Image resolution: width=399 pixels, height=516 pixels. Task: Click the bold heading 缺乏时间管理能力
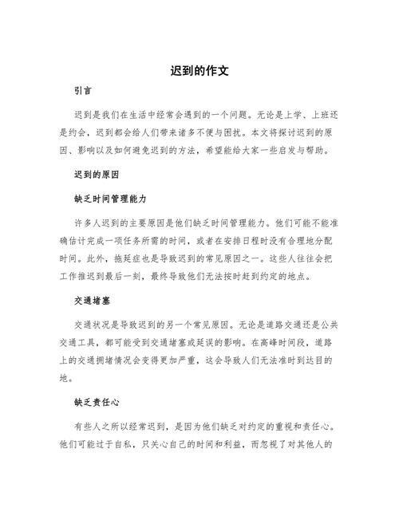110,196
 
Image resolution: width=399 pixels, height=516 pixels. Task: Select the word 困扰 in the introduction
233,133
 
